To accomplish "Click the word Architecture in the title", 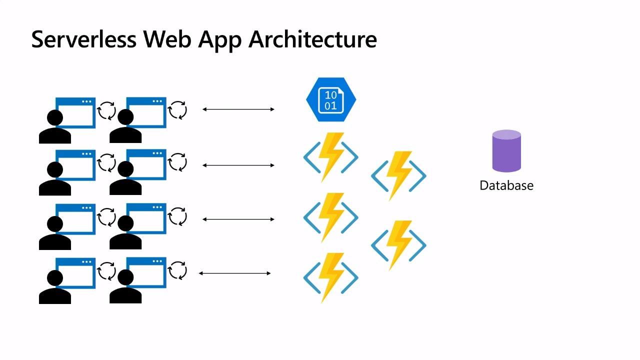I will [x=312, y=39].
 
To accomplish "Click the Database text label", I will [x=506, y=185].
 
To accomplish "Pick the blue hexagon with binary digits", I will [x=331, y=99].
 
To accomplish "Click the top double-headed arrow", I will [x=238, y=109].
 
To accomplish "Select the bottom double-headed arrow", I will [x=235, y=273].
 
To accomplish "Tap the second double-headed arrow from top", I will [x=238, y=165].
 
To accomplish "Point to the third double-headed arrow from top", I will [x=238, y=219].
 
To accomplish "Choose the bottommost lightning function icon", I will [x=331, y=277].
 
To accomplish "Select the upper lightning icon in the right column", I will [x=398, y=175].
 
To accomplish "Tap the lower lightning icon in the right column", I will [x=398, y=245].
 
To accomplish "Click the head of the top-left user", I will [x=54, y=118].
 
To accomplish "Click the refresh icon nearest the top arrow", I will [x=177, y=110].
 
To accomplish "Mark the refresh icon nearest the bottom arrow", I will [x=177, y=270].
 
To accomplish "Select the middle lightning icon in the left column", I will [x=331, y=217].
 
